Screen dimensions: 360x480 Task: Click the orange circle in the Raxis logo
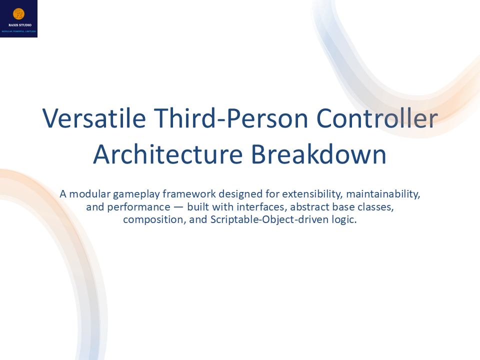pyautogui.click(x=18, y=14)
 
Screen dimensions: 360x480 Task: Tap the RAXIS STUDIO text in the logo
pyautogui.click(x=18, y=24)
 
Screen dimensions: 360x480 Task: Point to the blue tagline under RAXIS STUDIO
pyautogui.click(x=18, y=31)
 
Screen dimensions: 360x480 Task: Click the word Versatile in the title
pyautogui.click(x=94, y=118)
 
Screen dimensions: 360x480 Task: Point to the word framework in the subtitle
pyautogui.click(x=186, y=193)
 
